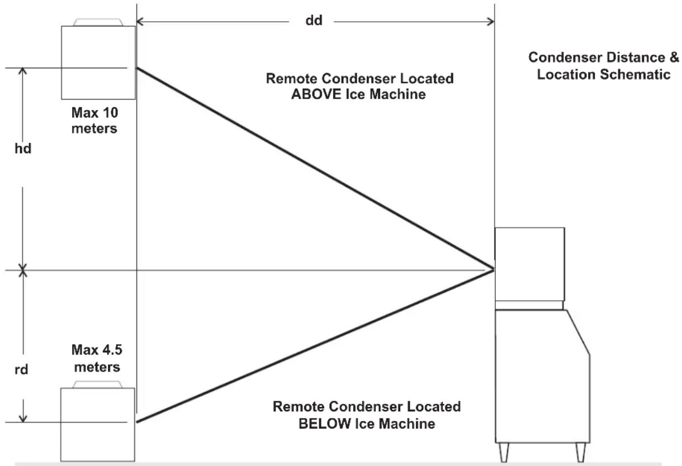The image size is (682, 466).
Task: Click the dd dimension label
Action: pyautogui.click(x=314, y=21)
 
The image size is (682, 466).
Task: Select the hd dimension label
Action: pyautogui.click(x=23, y=149)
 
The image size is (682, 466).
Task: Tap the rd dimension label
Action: pyautogui.click(x=21, y=369)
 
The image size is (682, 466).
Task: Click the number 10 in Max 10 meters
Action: pyautogui.click(x=111, y=113)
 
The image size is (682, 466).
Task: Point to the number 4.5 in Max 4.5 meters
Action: pyautogui.click(x=112, y=350)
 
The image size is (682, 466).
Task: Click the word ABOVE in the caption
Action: pyautogui.click(x=316, y=94)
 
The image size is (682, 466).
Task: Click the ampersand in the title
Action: pyautogui.click(x=674, y=58)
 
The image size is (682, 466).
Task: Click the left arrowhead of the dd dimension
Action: pyautogui.click(x=140, y=22)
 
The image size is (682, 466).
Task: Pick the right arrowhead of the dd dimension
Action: pyautogui.click(x=491, y=22)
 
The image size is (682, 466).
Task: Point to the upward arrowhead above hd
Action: pyautogui.click(x=22, y=70)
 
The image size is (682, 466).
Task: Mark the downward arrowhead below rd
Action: pyautogui.click(x=23, y=419)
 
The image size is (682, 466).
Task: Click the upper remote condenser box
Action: pyautogui.click(x=98, y=63)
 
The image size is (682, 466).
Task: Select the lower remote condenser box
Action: pyautogui.click(x=97, y=425)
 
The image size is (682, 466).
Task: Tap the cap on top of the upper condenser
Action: pyautogui.click(x=98, y=22)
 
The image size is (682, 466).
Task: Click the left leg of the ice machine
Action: pyautogui.click(x=504, y=452)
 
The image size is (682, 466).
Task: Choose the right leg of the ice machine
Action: pyautogui.click(x=581, y=452)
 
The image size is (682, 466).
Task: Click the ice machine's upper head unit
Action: pyautogui.click(x=530, y=264)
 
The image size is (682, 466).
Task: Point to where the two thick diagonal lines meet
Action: pyautogui.click(x=494, y=269)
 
